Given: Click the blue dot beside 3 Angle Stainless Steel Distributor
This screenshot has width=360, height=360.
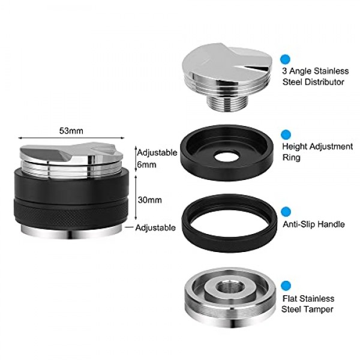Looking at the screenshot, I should pyautogui.click(x=285, y=59).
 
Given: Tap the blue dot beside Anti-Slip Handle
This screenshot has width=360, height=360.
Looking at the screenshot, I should pyautogui.click(x=286, y=211).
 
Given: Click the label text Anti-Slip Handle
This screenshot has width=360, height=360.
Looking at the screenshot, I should pyautogui.click(x=313, y=224).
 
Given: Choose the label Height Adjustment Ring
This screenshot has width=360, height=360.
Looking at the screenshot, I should pyautogui.click(x=317, y=152).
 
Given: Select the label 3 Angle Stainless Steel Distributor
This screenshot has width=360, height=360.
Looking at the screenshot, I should pyautogui.click(x=315, y=76).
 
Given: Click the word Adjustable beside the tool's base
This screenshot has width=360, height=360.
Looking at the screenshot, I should pyautogui.click(x=155, y=228).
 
